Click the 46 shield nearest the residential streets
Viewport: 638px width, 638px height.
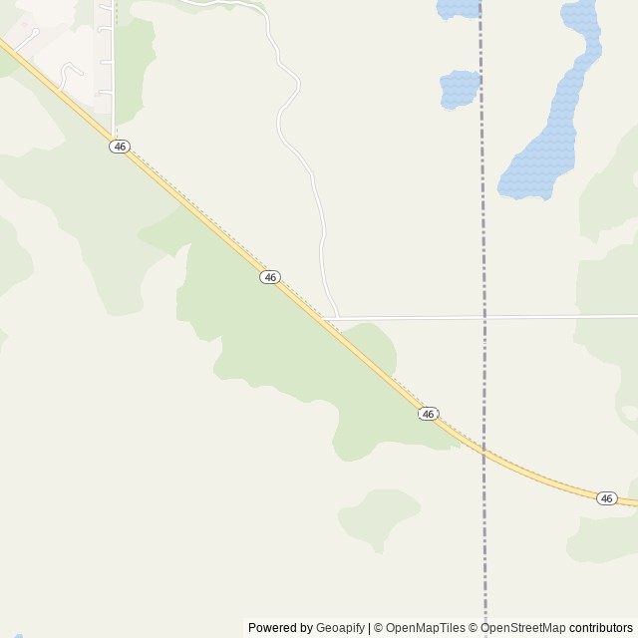click(x=120, y=147)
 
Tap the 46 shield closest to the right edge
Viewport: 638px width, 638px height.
click(x=607, y=498)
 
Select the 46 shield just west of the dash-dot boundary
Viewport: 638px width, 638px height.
click(x=429, y=414)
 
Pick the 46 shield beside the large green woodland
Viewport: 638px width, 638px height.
click(x=270, y=277)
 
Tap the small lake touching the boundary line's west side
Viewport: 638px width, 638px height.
click(x=460, y=89)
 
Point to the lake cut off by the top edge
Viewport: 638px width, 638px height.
click(x=458, y=9)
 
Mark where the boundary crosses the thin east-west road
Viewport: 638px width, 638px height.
click(x=484, y=318)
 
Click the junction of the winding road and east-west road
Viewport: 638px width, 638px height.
click(x=338, y=318)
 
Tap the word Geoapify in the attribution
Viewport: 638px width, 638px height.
click(x=340, y=628)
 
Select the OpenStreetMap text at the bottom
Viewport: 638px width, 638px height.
click(x=522, y=628)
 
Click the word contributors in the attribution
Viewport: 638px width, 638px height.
click(x=601, y=628)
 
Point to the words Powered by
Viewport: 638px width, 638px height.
click(x=279, y=628)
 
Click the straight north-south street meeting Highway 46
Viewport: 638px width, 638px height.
click(x=114, y=70)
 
